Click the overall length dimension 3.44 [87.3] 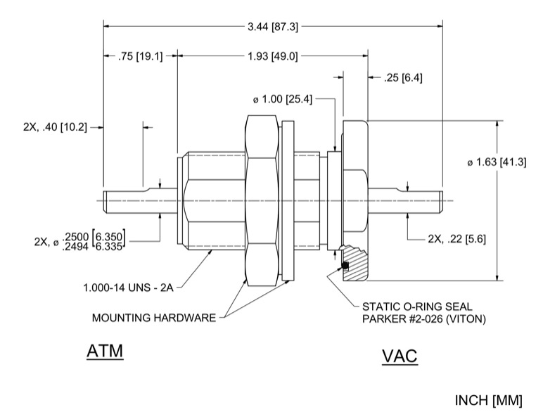coord(273,27)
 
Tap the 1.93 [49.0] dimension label coord(272,56)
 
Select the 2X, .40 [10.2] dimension coord(54,127)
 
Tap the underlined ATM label coord(105,351)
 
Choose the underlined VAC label coord(400,356)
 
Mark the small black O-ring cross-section coord(345,265)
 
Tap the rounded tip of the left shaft coord(106,200)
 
